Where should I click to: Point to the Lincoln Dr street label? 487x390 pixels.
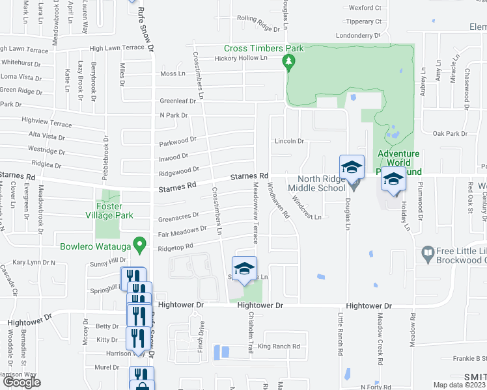pos(289,141)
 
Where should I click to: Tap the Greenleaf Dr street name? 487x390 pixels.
pos(178,101)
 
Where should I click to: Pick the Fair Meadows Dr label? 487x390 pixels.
pos(182,231)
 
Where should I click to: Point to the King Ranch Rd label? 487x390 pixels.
pos(279,346)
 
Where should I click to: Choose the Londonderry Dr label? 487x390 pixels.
pos(358,36)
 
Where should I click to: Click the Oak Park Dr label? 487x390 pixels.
pos(451,134)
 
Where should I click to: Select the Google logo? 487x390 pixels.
pos(22,382)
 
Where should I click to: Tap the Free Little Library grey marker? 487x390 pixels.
pos(428,252)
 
